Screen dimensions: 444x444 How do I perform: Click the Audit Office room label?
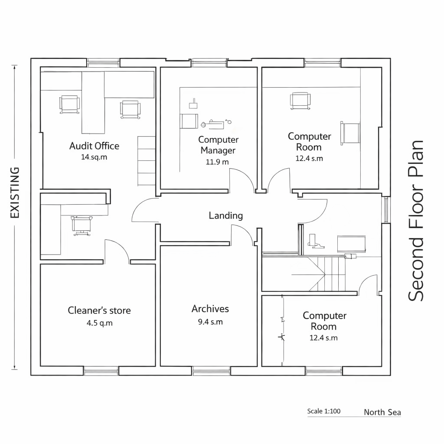point(94,146)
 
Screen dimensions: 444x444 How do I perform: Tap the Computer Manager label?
point(218,145)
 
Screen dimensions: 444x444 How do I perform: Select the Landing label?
point(226,215)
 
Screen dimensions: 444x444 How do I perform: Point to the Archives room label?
point(210,309)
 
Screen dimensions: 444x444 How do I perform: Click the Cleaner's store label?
point(99,310)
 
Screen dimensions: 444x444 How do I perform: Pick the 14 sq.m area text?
point(94,157)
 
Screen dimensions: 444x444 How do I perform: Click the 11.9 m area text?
point(217,162)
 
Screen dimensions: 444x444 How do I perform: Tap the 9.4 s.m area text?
point(210,322)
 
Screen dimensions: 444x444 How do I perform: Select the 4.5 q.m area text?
point(100,323)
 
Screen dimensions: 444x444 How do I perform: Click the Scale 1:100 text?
point(323,411)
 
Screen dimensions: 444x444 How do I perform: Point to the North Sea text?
point(382,412)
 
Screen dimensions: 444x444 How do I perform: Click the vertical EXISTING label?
point(15,193)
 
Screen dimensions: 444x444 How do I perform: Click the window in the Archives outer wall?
point(211,371)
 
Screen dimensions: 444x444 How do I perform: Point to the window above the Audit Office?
point(103,63)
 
